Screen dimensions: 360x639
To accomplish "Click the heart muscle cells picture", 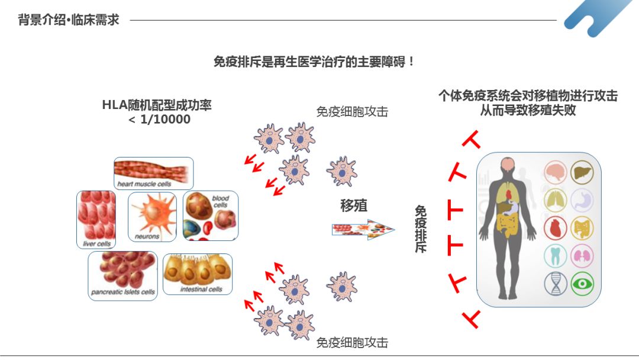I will click(x=153, y=173).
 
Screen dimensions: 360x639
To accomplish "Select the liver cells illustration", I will click(x=96, y=219).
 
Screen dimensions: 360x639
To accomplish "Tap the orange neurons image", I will click(x=152, y=216).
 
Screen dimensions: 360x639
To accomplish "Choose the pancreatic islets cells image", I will click(x=122, y=275).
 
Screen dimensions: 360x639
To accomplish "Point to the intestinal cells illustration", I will click(x=198, y=274).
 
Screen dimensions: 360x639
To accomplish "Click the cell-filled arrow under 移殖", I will click(x=363, y=229).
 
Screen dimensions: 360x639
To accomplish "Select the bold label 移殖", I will click(x=354, y=205).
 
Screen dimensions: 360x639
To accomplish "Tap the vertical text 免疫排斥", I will click(x=421, y=229).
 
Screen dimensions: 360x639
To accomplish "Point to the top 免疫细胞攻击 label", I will click(x=352, y=111).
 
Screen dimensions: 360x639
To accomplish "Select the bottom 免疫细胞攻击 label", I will click(x=352, y=342).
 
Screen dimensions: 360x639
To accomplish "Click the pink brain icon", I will click(x=556, y=172).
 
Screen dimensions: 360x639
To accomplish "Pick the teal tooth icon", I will click(x=556, y=256).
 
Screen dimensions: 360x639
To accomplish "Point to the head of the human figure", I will click(x=506, y=166).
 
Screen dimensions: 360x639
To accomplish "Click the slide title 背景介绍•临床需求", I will click(x=69, y=20).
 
